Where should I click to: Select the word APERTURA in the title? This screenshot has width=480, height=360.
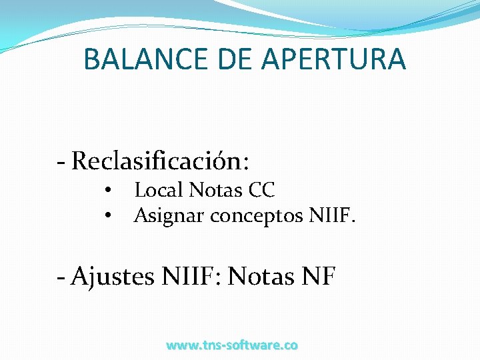(x=333, y=59)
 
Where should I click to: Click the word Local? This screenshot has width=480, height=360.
(x=158, y=191)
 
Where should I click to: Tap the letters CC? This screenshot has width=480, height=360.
(x=261, y=191)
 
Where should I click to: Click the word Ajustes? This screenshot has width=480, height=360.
(x=113, y=275)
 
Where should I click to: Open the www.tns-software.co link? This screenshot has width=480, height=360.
(x=232, y=345)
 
